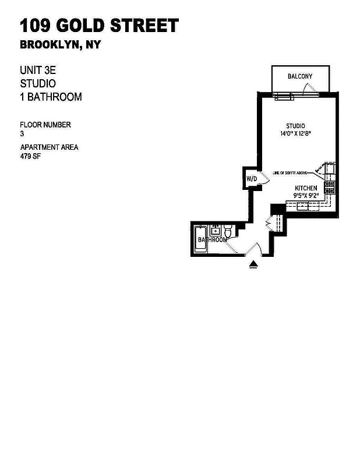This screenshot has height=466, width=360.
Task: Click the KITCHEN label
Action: click(x=306, y=188)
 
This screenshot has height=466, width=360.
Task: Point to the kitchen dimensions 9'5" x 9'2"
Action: click(x=306, y=196)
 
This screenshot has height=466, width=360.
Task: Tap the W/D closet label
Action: click(x=252, y=178)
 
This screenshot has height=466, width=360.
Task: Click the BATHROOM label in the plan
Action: click(x=212, y=240)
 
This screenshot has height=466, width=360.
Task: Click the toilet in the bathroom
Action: click(x=229, y=232)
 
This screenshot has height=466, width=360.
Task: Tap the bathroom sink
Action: click(x=215, y=229)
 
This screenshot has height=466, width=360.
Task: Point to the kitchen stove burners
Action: click(x=329, y=187)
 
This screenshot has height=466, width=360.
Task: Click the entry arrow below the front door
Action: click(x=253, y=265)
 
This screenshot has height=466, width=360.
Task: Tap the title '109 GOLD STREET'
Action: click(x=99, y=26)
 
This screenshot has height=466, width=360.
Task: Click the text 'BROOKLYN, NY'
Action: click(x=60, y=45)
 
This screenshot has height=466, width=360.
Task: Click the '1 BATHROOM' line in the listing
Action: click(x=51, y=97)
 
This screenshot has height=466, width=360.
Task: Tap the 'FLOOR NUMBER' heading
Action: click(x=45, y=125)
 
